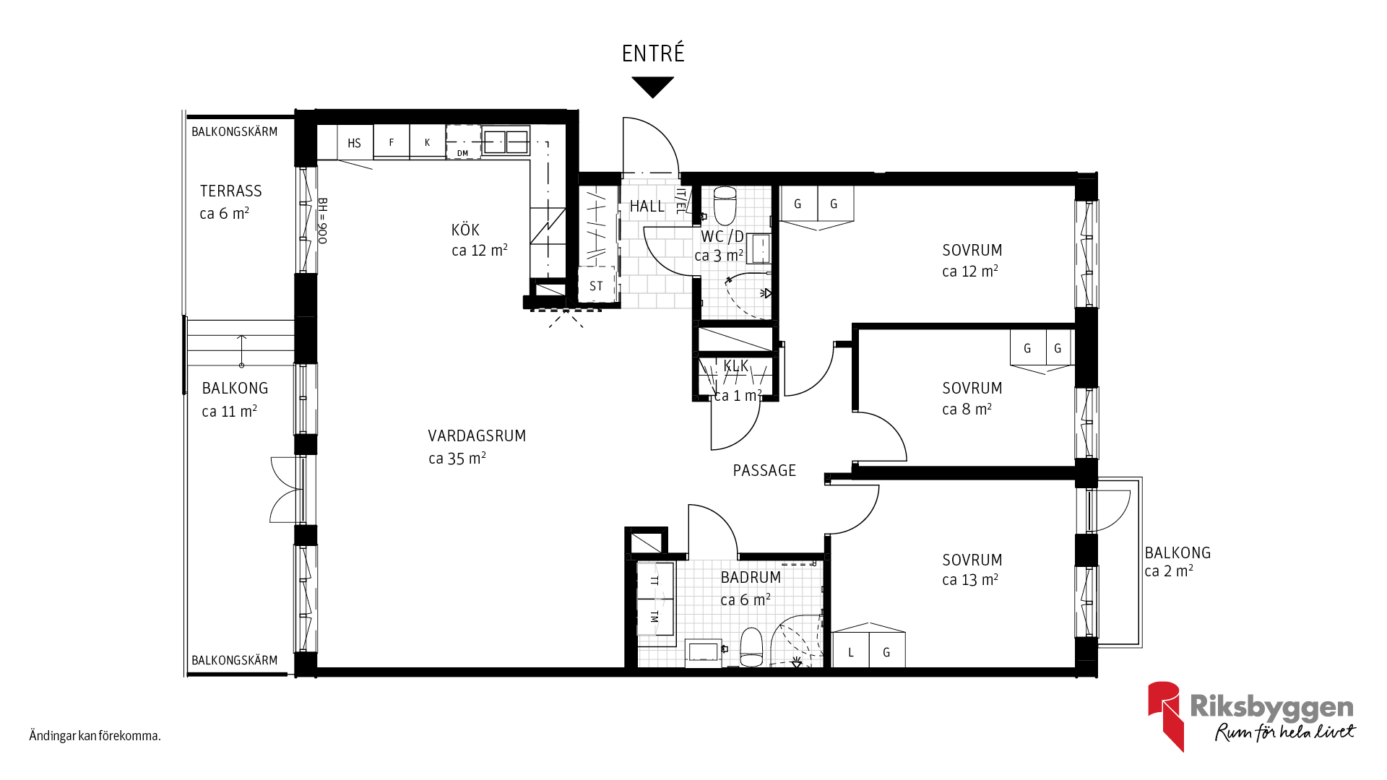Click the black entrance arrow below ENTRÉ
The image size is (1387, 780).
652,86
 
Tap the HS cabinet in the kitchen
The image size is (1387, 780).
354,142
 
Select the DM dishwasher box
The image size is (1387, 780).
463,142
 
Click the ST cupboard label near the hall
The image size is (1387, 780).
596,286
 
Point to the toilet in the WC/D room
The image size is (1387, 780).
725,205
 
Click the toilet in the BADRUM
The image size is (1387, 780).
751,647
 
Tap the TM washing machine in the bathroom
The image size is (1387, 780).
655,617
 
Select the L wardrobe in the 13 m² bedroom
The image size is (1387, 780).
850,651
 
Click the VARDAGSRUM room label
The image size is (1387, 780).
477,435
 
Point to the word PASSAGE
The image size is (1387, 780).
764,470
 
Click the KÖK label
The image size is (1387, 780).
465,230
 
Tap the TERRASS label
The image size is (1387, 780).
230,191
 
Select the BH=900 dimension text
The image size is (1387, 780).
323,221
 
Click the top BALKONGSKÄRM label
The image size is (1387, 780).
234,131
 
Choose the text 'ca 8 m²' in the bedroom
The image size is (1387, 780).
967,409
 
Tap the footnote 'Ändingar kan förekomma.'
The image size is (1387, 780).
95,736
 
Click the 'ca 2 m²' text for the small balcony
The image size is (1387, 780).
1169,571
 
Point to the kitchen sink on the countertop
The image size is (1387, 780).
506,142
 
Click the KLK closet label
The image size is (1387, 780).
736,366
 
